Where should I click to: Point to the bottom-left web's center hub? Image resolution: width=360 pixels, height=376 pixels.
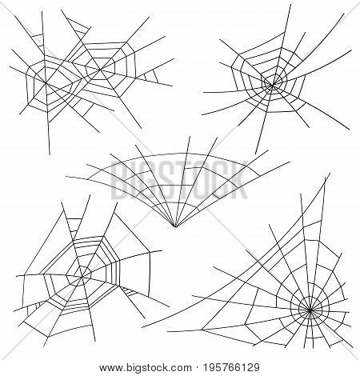[78, 277]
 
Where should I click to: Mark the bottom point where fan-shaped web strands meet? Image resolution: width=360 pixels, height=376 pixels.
[177, 226]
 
